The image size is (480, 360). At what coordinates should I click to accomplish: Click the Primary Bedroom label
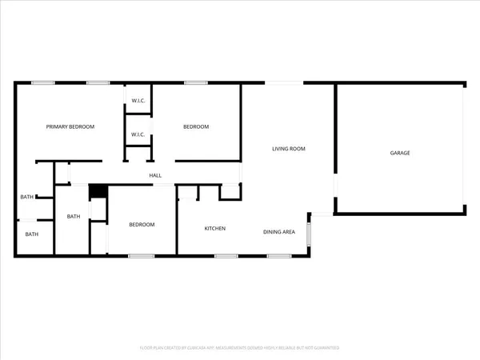tap(70, 126)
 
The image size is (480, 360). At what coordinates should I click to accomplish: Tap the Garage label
tap(400, 152)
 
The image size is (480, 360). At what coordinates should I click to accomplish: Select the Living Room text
tap(289, 149)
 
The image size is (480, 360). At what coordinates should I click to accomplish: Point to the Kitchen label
tap(214, 229)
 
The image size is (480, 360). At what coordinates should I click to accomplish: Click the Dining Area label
tap(280, 232)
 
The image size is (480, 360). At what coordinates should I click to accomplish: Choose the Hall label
tap(155, 176)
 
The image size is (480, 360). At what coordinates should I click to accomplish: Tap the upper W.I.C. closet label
tap(138, 100)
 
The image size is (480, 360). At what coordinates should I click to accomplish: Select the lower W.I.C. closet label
tap(138, 134)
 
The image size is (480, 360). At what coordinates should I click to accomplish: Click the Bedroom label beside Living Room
tap(196, 126)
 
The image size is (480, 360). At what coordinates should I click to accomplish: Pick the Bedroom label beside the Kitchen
tap(142, 225)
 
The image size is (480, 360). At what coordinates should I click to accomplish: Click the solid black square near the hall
tap(97, 191)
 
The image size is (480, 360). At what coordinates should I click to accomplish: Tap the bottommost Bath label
tap(31, 234)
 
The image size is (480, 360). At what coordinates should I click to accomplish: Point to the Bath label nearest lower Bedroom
tap(74, 216)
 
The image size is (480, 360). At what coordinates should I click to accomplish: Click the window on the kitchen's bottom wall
tap(226, 256)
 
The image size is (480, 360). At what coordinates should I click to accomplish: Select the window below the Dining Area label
tap(278, 256)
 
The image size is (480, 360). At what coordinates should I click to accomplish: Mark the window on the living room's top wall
tap(284, 82)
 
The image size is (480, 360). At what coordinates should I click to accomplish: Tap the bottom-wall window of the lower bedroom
tap(142, 256)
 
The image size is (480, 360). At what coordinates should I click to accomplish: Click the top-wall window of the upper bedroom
tap(196, 82)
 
